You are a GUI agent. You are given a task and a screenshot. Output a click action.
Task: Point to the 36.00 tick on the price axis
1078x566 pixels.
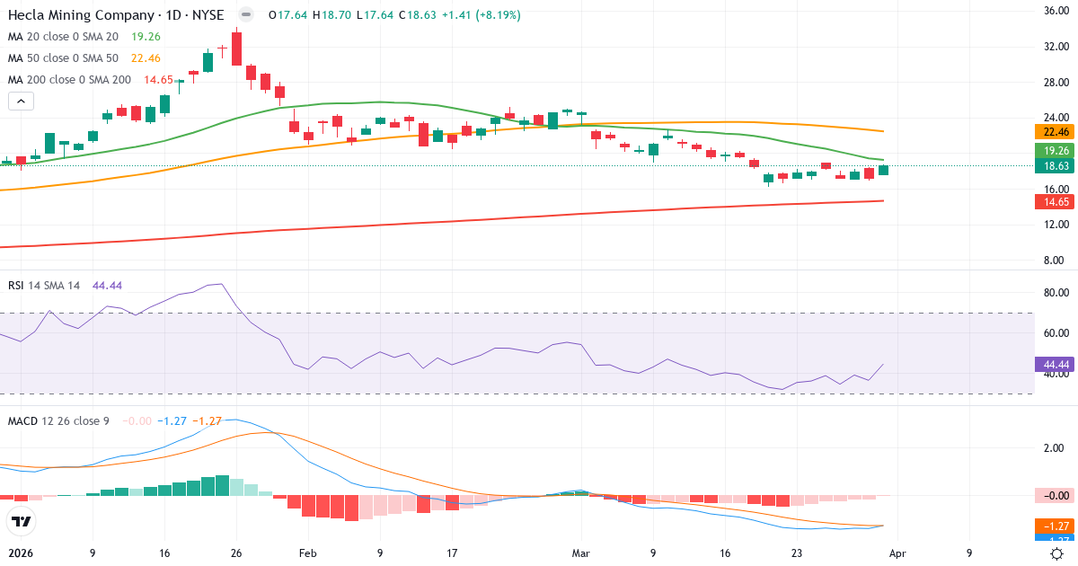(x=1055, y=11)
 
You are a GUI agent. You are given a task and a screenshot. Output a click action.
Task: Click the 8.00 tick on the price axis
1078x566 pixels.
(x=1055, y=261)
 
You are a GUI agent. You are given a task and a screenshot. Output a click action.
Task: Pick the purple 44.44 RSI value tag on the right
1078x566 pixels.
(x=1056, y=365)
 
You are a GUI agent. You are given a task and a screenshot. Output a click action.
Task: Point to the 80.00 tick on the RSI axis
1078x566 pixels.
(x=1055, y=293)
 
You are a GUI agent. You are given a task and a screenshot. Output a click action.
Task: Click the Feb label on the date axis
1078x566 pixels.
(x=307, y=554)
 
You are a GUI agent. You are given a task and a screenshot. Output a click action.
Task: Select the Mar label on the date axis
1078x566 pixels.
(x=581, y=554)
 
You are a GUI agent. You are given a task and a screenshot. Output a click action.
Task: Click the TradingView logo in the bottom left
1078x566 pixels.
(x=21, y=521)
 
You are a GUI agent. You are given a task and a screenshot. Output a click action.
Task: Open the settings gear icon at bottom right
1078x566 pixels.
(x=1057, y=554)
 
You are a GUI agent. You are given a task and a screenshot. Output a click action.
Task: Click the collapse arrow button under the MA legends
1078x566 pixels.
(x=21, y=102)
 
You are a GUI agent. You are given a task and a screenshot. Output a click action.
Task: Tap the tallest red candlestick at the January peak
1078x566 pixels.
(x=236, y=49)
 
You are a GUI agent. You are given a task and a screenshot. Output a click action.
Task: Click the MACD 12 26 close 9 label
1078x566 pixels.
(x=58, y=421)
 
